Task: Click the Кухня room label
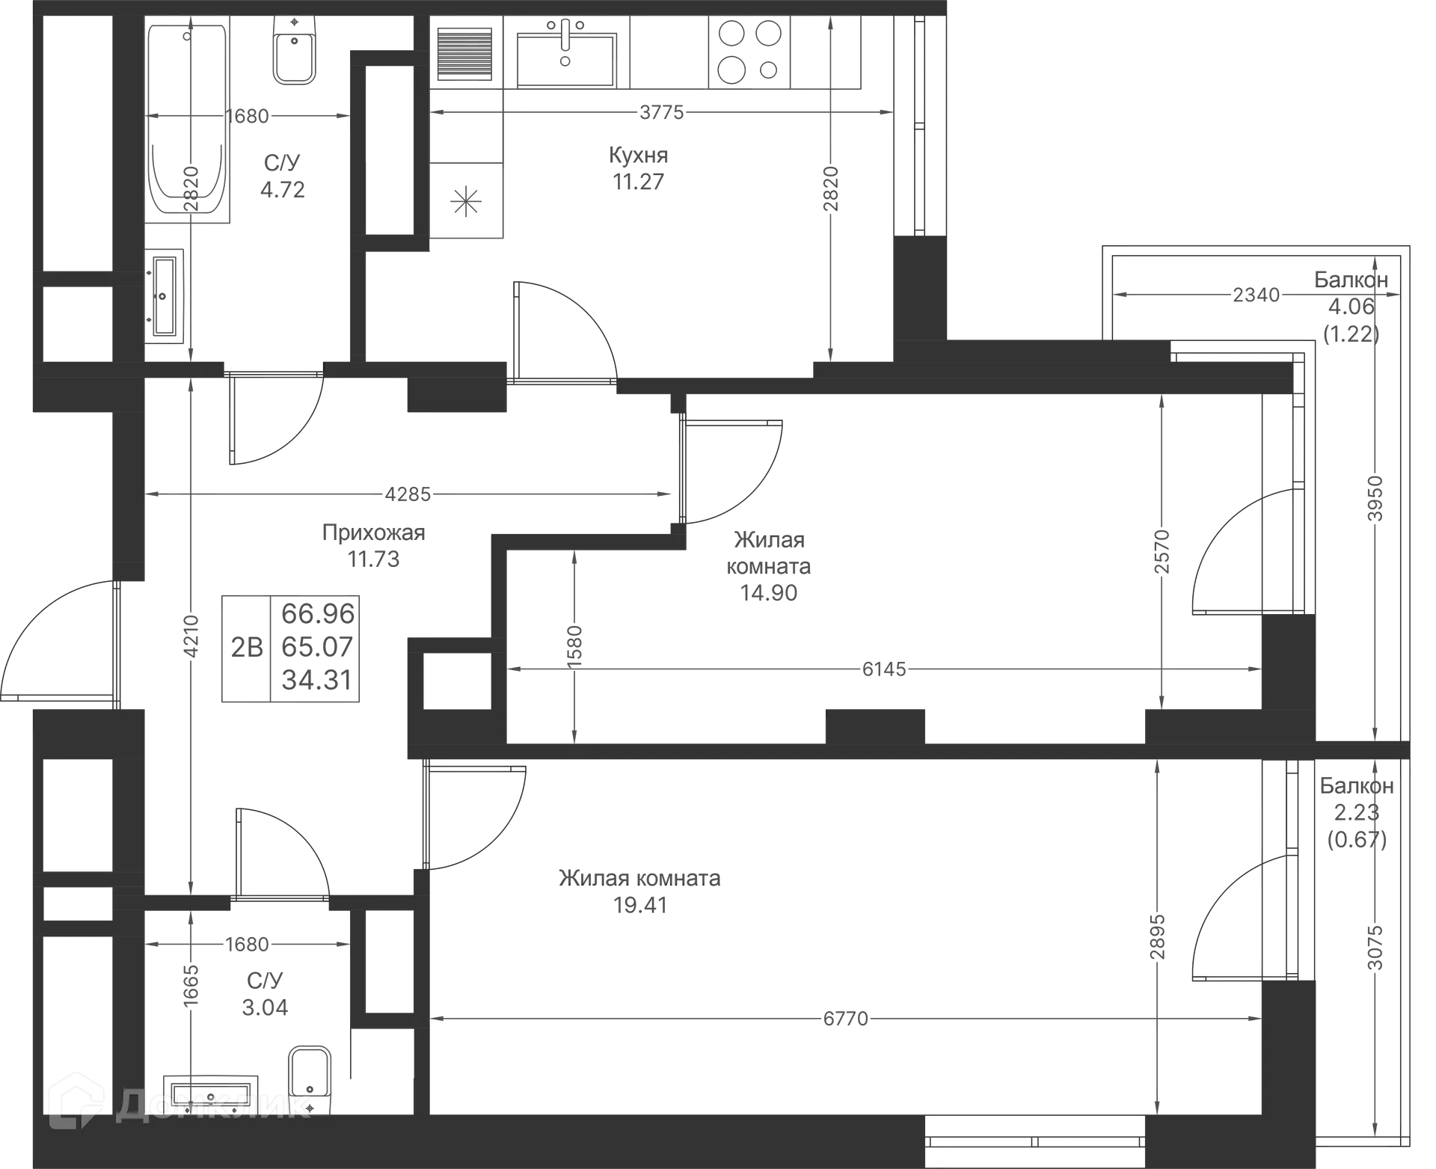pos(638,155)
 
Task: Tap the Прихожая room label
pos(373,533)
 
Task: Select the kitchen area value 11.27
pos(638,181)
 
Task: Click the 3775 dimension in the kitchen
pos(661,112)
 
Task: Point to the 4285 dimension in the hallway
pos(408,494)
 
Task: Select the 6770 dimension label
pos(845,1019)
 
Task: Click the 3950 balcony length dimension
pos(1375,497)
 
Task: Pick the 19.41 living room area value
pos(641,905)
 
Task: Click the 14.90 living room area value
pos(769,593)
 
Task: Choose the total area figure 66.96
pos(318,613)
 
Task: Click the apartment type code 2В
pos(246,647)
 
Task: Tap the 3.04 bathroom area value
pos(266,1007)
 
